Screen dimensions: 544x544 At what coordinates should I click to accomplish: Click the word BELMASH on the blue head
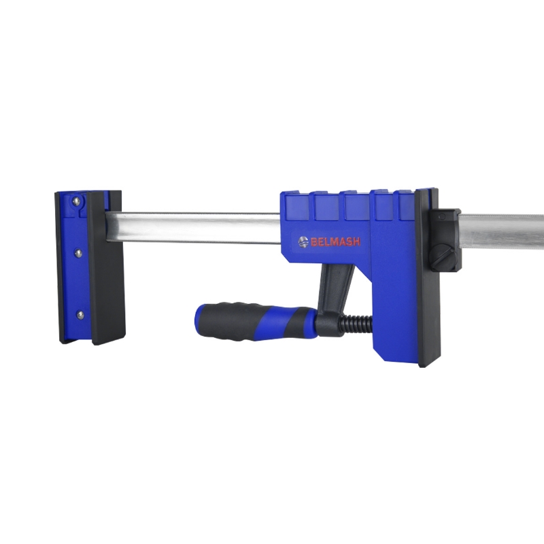coord(335,241)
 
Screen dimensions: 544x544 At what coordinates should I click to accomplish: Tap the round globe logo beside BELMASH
coord(303,241)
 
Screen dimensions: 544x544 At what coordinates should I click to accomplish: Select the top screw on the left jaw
coord(75,200)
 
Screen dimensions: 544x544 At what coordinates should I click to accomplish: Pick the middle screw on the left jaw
coord(79,254)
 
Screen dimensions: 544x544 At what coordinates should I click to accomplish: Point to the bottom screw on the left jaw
coord(80,315)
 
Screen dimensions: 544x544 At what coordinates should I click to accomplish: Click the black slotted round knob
coord(442,259)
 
